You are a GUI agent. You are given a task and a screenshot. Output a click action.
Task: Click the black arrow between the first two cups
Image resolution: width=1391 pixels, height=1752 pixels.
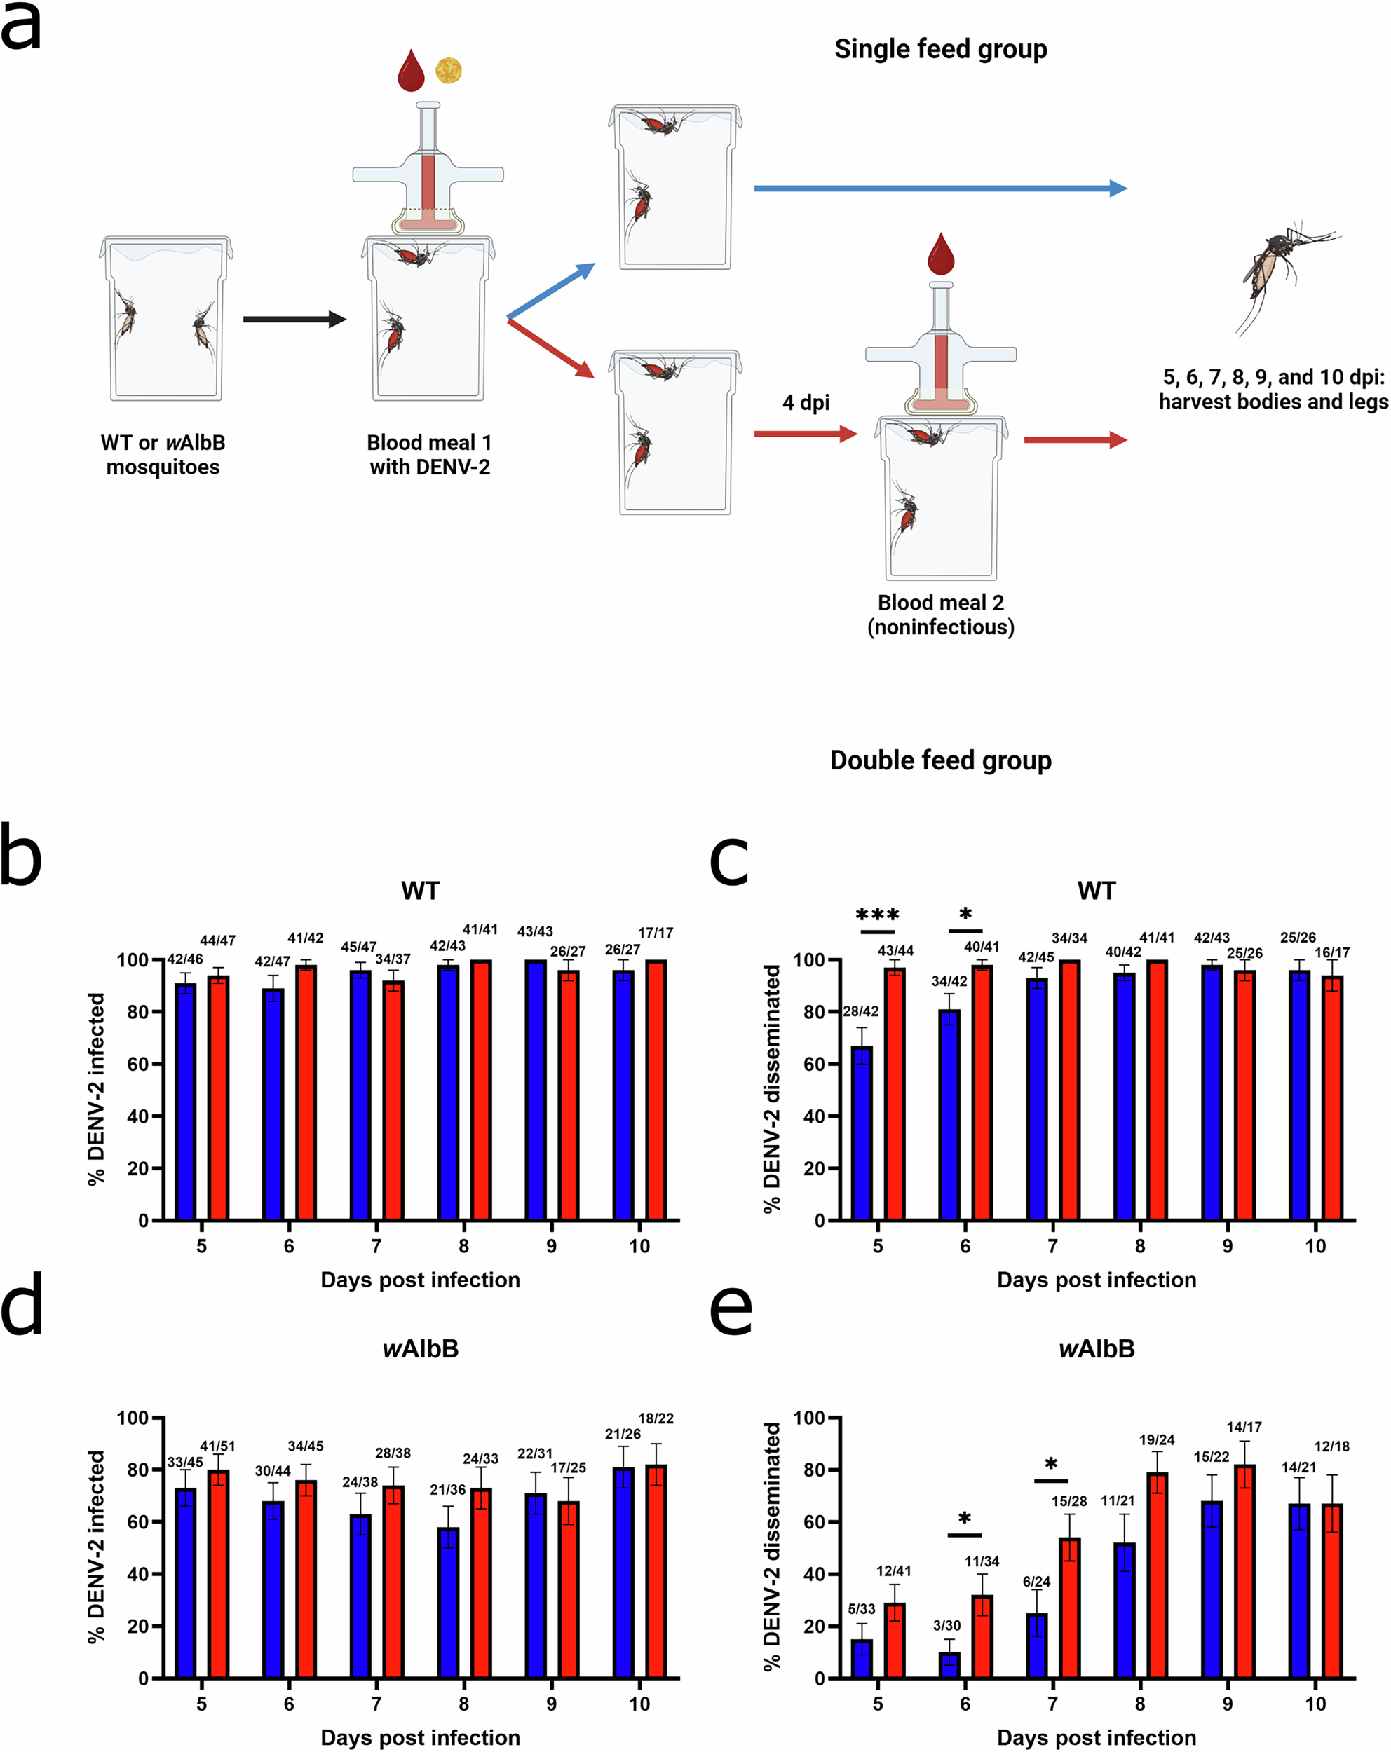pos(294,320)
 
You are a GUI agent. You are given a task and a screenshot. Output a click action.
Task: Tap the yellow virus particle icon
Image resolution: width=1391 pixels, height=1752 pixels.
pos(449,71)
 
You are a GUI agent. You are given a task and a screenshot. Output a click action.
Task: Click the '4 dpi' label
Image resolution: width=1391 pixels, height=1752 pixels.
pos(806,402)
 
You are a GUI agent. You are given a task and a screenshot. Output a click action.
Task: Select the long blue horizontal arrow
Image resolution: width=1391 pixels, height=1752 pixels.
pos(939,189)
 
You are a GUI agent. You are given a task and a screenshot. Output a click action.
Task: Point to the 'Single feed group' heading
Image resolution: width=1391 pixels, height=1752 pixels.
pos(941,49)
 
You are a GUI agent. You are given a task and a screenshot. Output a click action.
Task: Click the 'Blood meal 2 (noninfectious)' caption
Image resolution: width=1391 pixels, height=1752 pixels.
pos(941,615)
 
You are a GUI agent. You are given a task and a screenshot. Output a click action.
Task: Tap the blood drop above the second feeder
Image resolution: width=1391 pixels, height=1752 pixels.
pos(941,254)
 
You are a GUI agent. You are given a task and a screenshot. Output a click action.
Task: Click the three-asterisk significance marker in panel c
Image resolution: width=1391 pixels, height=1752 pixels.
pos(877,916)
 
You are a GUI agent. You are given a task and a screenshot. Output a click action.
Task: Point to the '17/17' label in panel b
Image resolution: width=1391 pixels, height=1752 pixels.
pos(656,933)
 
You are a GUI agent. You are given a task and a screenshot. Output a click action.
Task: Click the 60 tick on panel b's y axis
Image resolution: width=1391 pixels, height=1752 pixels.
pos(138,1065)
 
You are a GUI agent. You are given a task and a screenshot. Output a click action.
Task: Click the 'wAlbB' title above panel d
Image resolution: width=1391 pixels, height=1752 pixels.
pos(420,1349)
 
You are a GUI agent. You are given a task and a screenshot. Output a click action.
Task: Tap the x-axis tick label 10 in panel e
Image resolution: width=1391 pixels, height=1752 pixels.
pos(1315,1704)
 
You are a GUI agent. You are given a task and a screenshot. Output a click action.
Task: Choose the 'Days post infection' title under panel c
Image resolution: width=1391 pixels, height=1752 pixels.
pos(1096,1280)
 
